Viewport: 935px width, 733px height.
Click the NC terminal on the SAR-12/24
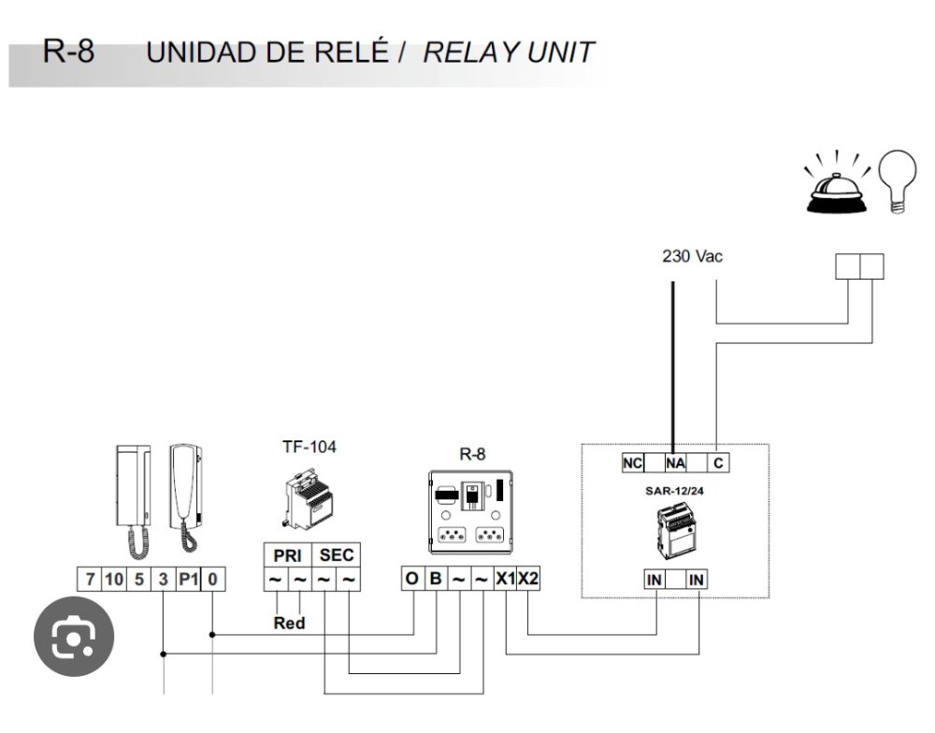(633, 462)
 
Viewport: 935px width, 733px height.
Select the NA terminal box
(676, 462)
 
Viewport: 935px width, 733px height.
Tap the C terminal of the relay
(718, 462)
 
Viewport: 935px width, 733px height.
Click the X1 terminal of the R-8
(506, 579)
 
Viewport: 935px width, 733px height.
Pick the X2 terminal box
(528, 579)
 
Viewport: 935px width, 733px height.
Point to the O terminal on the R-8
(412, 579)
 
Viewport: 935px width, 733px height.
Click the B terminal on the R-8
(436, 579)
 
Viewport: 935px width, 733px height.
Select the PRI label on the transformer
(287, 555)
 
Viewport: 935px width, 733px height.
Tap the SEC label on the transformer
(336, 555)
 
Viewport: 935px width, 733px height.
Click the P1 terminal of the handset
(188, 579)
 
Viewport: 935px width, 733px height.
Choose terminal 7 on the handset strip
(90, 579)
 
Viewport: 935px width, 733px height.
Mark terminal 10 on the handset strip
(113, 579)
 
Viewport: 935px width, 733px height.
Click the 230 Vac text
(693, 255)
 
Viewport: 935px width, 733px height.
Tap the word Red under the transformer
(289, 624)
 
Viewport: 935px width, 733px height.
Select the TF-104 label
(309, 447)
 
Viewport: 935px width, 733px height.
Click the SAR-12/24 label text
(675, 490)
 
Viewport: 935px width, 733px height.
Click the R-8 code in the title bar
(68, 51)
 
